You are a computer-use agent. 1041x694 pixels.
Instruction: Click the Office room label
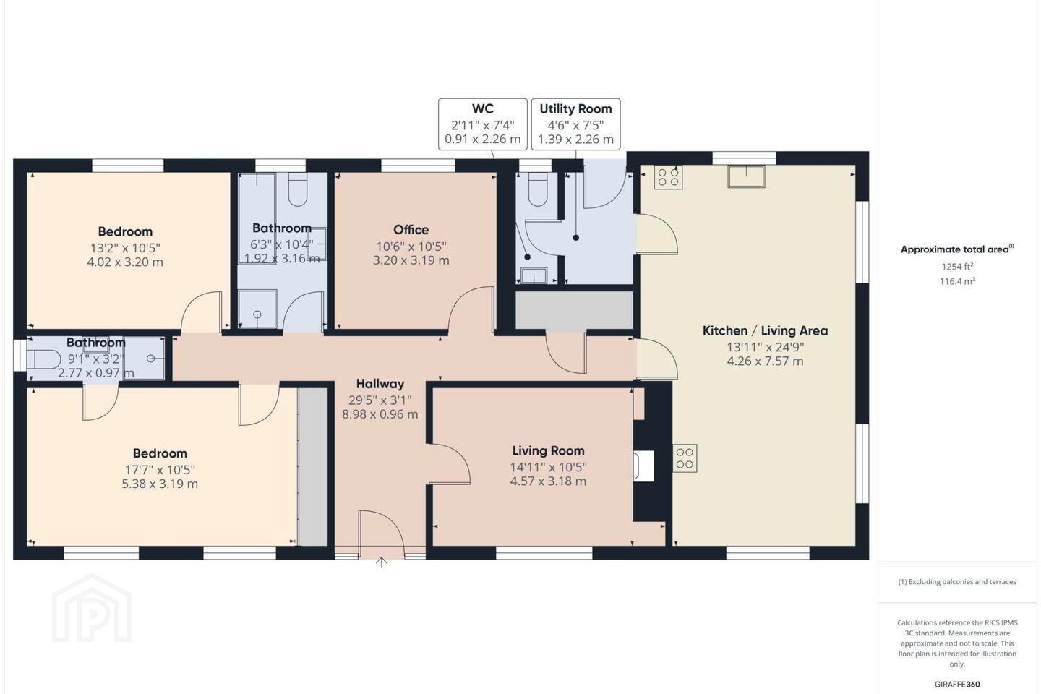(x=411, y=230)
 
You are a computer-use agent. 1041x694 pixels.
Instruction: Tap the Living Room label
(x=549, y=450)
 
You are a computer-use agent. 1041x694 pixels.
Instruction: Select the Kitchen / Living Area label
(x=765, y=330)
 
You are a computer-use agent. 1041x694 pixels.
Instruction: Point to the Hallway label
(x=380, y=384)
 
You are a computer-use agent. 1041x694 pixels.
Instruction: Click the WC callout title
(x=482, y=108)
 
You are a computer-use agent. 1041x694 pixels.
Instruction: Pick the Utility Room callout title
(x=575, y=108)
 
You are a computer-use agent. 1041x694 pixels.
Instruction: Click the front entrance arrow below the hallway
(x=381, y=562)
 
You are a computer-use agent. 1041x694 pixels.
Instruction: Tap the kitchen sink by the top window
(x=746, y=176)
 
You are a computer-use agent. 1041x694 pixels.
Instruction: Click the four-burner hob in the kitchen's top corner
(x=668, y=177)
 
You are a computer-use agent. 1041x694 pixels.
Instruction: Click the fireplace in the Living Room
(x=643, y=466)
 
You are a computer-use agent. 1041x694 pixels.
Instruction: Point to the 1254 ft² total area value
(x=957, y=266)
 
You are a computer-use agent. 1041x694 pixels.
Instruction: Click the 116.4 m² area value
(x=957, y=281)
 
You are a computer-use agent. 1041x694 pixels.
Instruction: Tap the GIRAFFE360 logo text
(x=957, y=684)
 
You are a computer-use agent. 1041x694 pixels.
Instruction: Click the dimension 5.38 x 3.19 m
(x=159, y=484)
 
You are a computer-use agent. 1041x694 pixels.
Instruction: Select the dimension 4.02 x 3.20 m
(x=125, y=262)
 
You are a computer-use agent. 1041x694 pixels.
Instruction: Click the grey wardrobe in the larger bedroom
(x=313, y=467)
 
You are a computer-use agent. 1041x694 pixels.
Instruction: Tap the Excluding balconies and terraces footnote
(x=957, y=581)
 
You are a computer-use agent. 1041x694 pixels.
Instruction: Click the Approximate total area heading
(x=957, y=249)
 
